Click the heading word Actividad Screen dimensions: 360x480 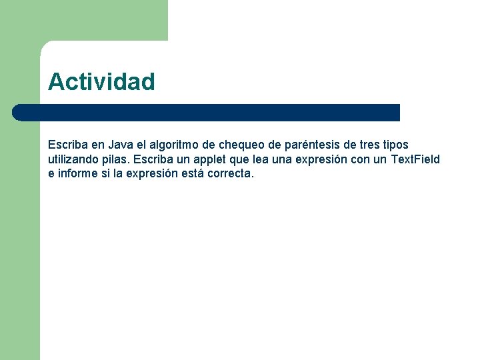tap(101, 82)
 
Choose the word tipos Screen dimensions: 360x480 tap(396, 145)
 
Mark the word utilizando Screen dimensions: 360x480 tap(75, 159)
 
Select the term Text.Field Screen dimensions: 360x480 tap(415, 159)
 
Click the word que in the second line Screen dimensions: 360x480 tap(243, 159)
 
